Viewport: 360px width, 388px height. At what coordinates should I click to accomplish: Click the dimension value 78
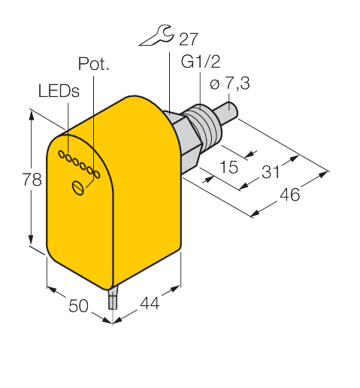(x=32, y=179)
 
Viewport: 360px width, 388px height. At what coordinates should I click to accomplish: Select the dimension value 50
(x=78, y=305)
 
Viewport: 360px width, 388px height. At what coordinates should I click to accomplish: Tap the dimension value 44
(x=150, y=303)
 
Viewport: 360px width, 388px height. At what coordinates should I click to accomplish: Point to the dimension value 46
(x=289, y=194)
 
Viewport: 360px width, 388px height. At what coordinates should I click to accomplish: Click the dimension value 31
(x=271, y=171)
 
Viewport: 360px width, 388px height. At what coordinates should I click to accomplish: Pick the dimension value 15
(x=228, y=167)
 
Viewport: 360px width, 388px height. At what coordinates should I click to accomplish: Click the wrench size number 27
(x=189, y=39)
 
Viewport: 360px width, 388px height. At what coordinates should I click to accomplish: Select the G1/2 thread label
(x=201, y=62)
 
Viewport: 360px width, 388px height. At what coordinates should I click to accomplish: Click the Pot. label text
(x=94, y=63)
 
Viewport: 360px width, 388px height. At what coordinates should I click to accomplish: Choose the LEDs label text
(x=59, y=90)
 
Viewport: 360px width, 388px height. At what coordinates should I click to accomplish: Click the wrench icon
(x=156, y=35)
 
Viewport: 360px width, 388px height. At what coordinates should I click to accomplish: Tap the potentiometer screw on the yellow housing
(x=78, y=188)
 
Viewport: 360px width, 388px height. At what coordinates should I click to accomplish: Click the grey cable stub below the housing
(x=113, y=299)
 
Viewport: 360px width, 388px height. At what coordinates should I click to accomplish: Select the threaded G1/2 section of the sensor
(x=205, y=126)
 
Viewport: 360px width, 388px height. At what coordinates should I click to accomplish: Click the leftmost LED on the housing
(x=62, y=154)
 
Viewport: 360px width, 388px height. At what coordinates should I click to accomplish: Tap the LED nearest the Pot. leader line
(x=97, y=174)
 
